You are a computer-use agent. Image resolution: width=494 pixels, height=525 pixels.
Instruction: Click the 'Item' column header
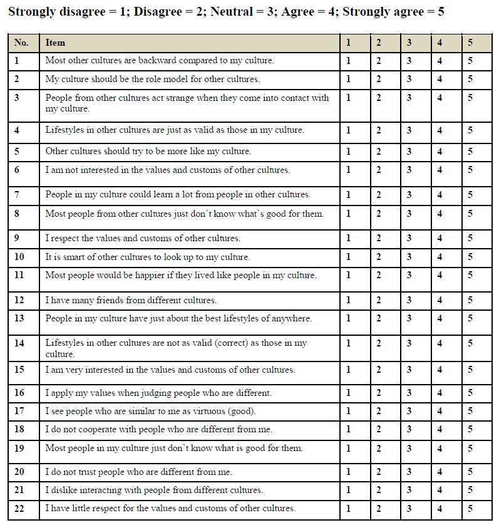pyautogui.click(x=55, y=43)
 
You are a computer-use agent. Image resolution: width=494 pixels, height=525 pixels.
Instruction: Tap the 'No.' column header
pyautogui.click(x=21, y=43)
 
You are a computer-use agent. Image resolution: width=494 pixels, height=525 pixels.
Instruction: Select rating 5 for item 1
pyautogui.click(x=470, y=61)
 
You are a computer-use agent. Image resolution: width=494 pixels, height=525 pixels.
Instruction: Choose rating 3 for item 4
pyautogui.click(x=409, y=130)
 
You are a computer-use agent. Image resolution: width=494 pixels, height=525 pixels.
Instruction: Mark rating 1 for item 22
pyautogui.click(x=349, y=509)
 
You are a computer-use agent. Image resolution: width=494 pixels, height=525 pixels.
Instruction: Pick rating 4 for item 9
pyautogui.click(x=440, y=238)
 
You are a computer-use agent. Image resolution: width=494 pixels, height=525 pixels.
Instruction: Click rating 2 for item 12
pyautogui.click(x=379, y=300)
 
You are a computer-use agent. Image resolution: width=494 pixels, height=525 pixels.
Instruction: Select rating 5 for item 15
pyautogui.click(x=470, y=370)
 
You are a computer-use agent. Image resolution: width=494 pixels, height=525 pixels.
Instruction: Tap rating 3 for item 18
pyautogui.click(x=409, y=430)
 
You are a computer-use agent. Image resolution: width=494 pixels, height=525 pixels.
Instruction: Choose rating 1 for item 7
pyautogui.click(x=349, y=195)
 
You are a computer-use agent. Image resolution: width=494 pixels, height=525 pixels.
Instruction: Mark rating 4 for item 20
pyautogui.click(x=440, y=472)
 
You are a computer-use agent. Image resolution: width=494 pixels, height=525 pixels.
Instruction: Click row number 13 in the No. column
pyautogui.click(x=19, y=318)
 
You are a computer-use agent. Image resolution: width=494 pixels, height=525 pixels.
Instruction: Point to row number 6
pyautogui.click(x=17, y=170)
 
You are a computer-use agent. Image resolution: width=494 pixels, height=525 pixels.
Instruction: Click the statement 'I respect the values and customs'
pyautogui.click(x=143, y=238)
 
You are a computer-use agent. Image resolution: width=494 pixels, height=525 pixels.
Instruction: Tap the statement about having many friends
pyautogui.click(x=131, y=300)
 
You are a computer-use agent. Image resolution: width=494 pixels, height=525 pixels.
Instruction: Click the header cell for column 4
pyautogui.click(x=440, y=43)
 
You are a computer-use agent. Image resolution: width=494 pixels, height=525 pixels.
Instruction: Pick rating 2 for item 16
pyautogui.click(x=379, y=393)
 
